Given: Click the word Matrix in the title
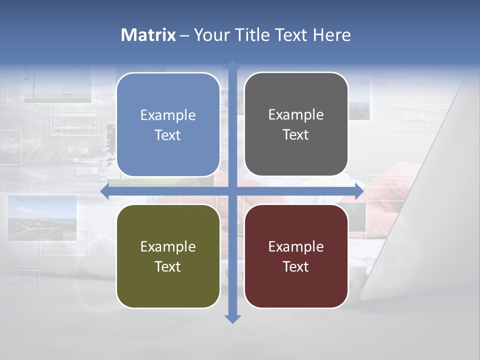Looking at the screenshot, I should pos(148,35).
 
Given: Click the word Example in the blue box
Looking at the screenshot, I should pos(168,115).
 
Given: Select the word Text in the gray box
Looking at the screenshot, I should pos(296,135).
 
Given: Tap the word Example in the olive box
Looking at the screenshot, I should pos(168,247).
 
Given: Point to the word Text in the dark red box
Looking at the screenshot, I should pos(296,267).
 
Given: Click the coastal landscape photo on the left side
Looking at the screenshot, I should pos(42,217).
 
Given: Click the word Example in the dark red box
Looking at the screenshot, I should pos(296,247).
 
